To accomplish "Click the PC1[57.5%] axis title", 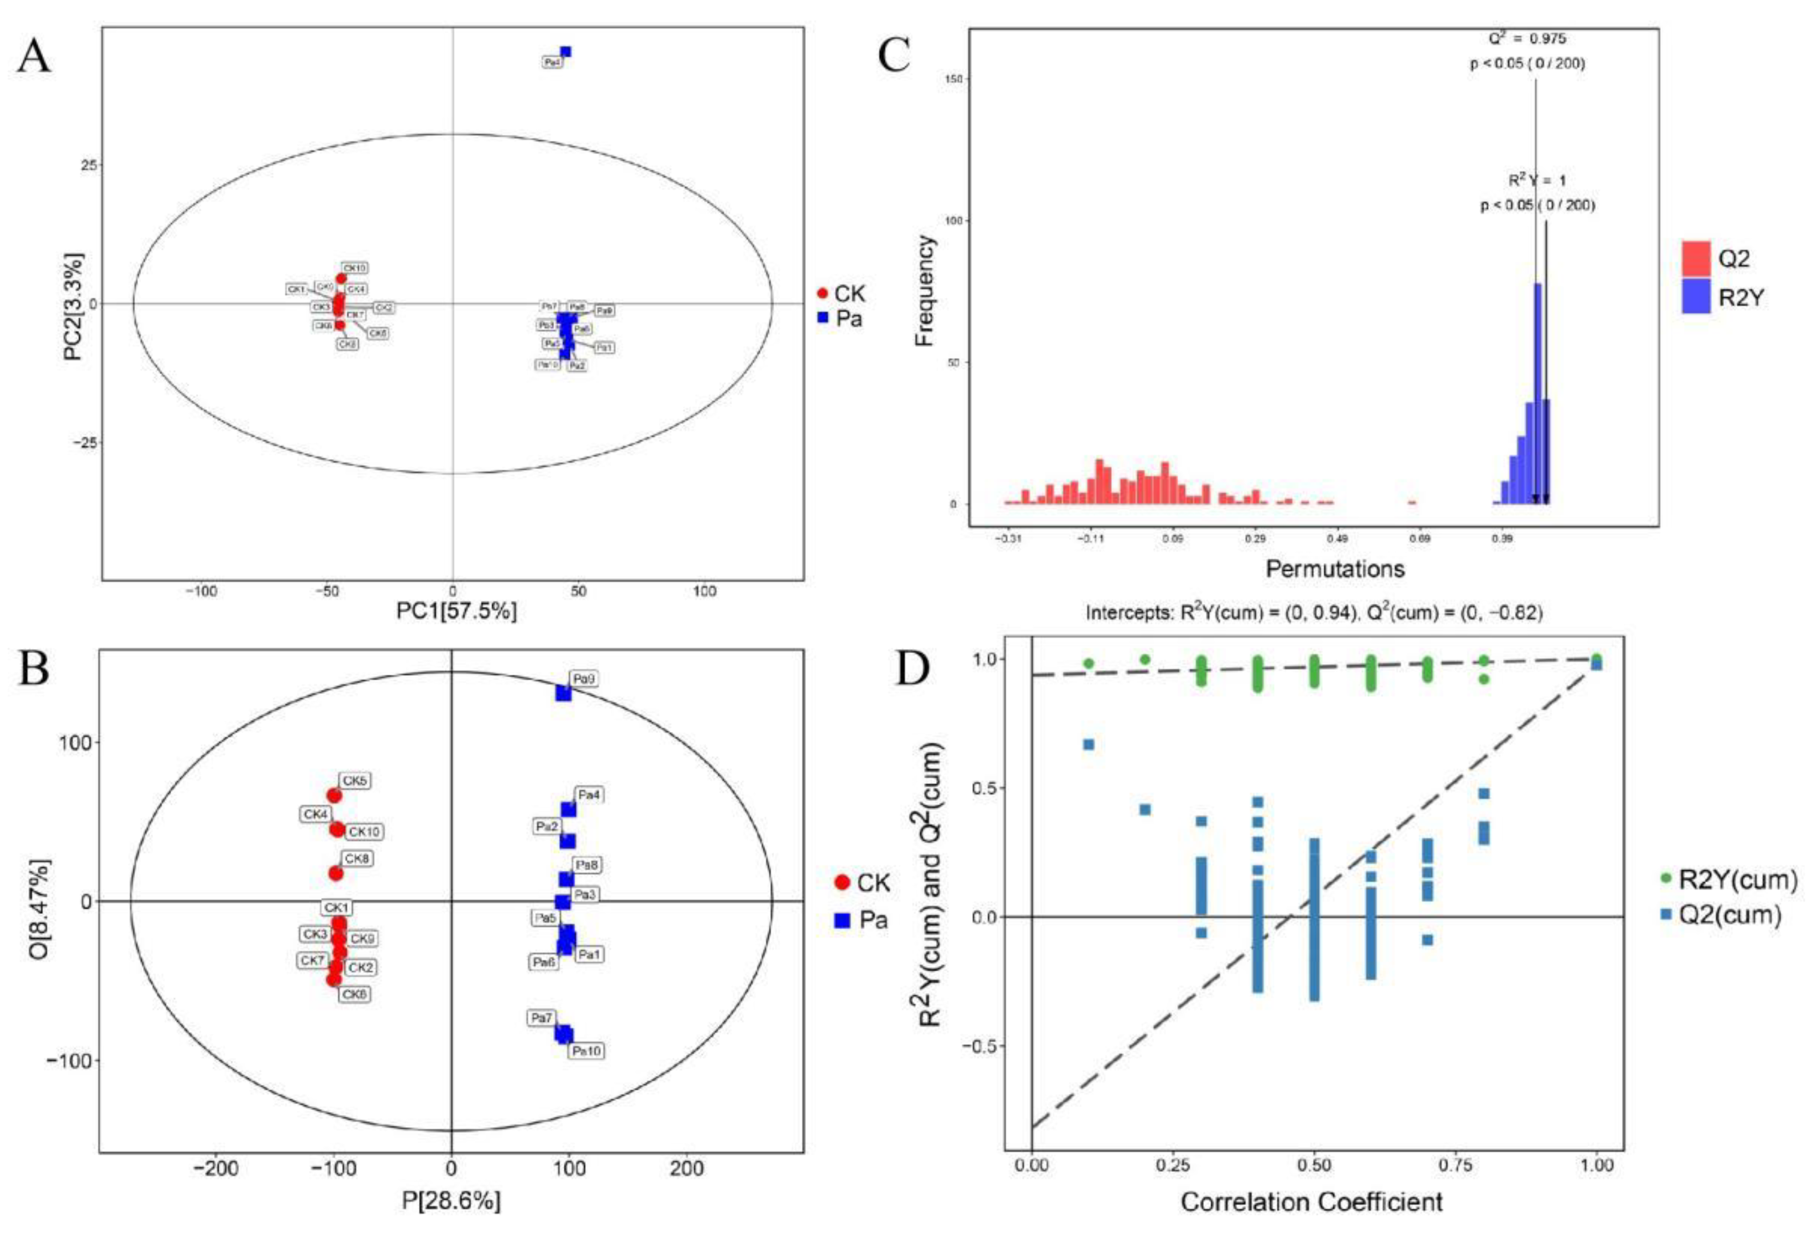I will (x=456, y=612).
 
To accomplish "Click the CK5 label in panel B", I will (x=355, y=781).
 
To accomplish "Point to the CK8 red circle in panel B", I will (x=336, y=873).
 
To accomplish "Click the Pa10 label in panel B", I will (x=587, y=1051).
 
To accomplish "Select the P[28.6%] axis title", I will (x=451, y=1201).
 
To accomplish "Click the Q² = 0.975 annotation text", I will (x=1526, y=38).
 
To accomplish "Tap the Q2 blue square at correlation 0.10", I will (x=1089, y=745).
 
